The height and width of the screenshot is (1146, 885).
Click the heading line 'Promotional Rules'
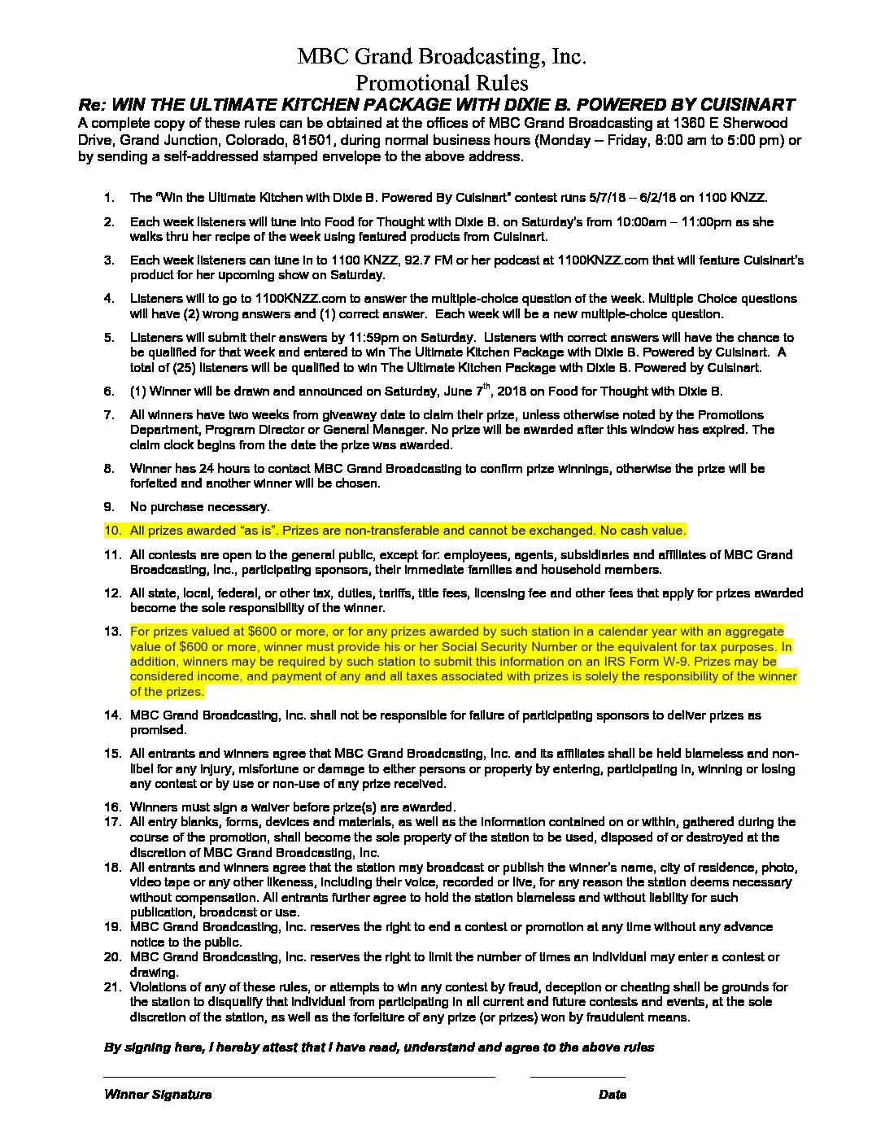click(x=442, y=83)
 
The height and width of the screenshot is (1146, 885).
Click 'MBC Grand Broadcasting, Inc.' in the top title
click(x=442, y=56)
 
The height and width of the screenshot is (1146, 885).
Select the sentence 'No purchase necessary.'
click(x=199, y=507)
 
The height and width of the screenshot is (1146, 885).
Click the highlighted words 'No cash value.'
click(x=643, y=531)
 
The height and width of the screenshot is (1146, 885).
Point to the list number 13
click(x=112, y=632)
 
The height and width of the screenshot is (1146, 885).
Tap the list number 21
click(x=112, y=987)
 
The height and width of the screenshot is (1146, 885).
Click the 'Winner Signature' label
click(x=158, y=1095)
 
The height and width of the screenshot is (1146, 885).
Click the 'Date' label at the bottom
click(x=612, y=1095)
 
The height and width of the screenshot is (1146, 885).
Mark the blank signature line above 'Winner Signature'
click(x=299, y=1077)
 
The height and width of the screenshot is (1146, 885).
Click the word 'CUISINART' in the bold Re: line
click(x=748, y=105)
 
